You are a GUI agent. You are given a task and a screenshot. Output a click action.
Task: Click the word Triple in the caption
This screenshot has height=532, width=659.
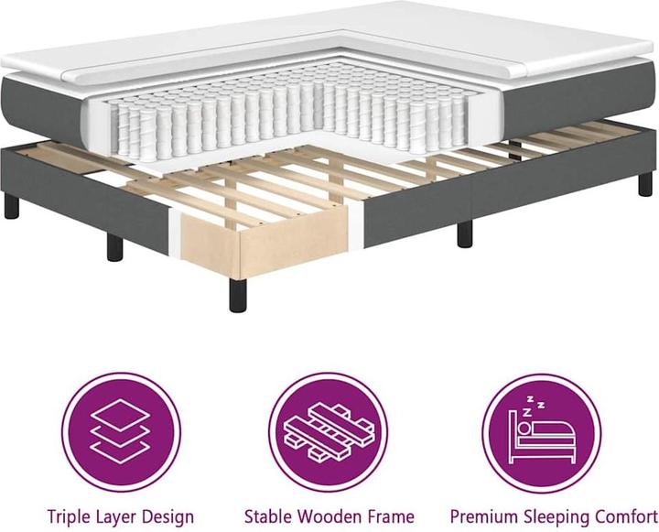point(70,516)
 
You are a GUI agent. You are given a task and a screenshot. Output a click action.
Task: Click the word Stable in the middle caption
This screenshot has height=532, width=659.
point(268,516)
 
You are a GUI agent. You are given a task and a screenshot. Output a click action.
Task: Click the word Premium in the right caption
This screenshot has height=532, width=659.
point(481,516)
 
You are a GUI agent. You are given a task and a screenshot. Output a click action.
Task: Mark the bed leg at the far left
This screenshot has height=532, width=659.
point(11,205)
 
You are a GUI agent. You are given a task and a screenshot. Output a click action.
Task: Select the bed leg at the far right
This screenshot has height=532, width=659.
point(645,183)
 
